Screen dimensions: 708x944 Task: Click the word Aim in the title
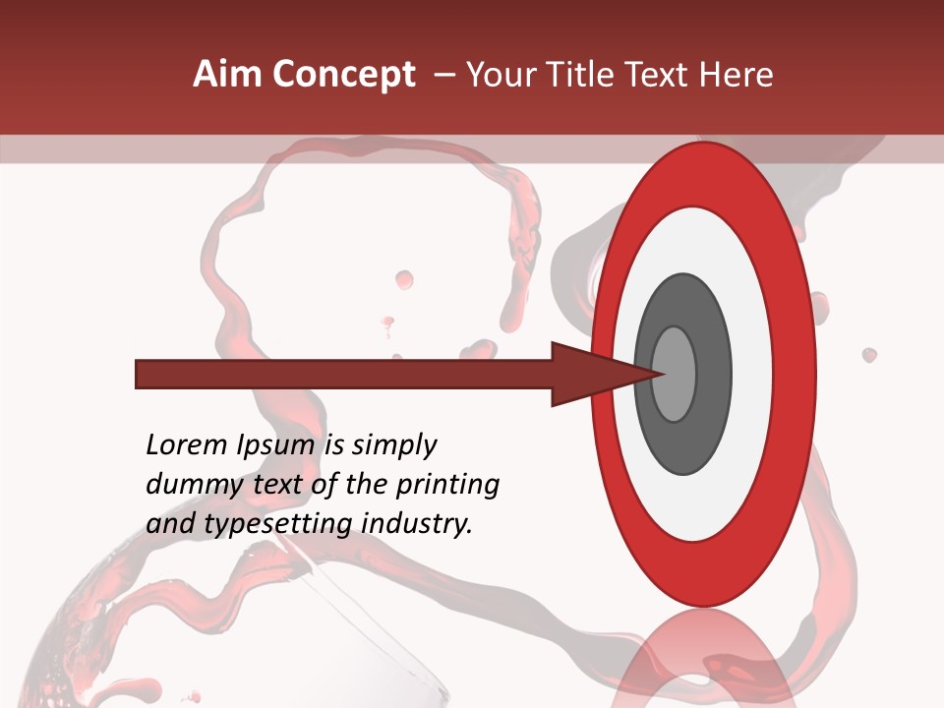tap(227, 75)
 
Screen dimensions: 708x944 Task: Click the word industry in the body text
tap(416, 524)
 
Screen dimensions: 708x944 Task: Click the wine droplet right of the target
tap(869, 354)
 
